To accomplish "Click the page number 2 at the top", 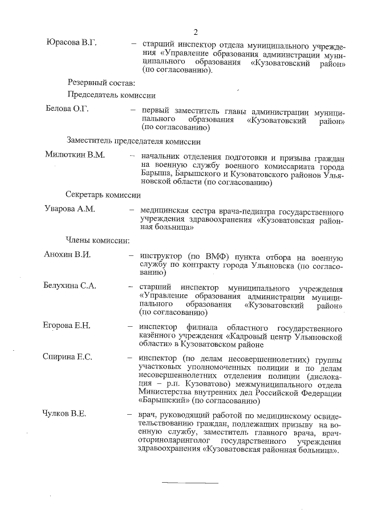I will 196,31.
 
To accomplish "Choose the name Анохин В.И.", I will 67,254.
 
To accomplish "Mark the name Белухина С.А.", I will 71,285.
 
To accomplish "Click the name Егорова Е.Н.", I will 67,326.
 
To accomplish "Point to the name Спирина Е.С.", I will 68,357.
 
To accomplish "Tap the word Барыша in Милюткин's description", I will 153,174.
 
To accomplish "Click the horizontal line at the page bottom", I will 190,483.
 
